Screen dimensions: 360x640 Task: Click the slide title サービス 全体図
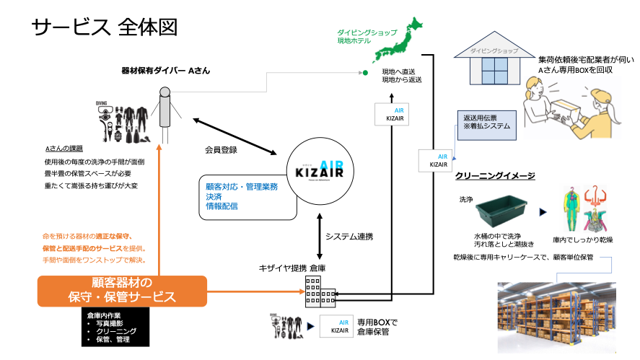coord(104,27)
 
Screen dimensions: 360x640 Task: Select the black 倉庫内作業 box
coord(115,325)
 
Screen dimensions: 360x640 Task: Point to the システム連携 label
coord(349,236)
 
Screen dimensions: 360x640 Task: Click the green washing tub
coord(506,209)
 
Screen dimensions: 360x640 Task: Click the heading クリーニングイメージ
coord(494,175)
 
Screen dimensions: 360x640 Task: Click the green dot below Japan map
coord(365,73)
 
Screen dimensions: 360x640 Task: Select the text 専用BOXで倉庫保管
coord(377,327)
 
